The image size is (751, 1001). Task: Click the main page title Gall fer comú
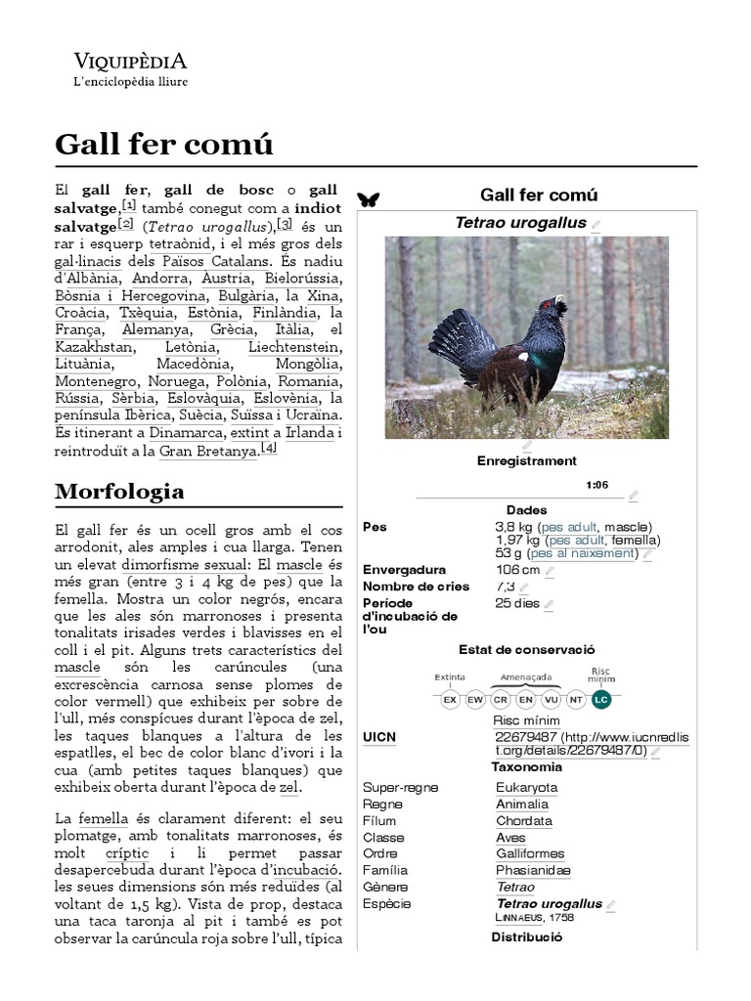coord(163,146)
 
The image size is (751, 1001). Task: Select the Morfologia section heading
coord(119,490)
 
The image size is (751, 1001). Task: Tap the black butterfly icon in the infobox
coord(369,199)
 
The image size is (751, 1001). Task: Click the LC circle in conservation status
coord(600,700)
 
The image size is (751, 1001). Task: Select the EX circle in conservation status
coord(450,700)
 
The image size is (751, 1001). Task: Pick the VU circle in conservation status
coord(551,700)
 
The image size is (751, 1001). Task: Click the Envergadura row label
coord(404,570)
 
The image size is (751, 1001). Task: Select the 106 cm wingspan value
coord(518,570)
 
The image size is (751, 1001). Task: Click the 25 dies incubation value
coord(517,603)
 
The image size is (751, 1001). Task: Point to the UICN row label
coord(379,736)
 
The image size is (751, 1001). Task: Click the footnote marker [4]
coord(269,448)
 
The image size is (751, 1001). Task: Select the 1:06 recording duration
coord(596,485)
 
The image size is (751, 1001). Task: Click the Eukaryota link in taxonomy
coord(526,787)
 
